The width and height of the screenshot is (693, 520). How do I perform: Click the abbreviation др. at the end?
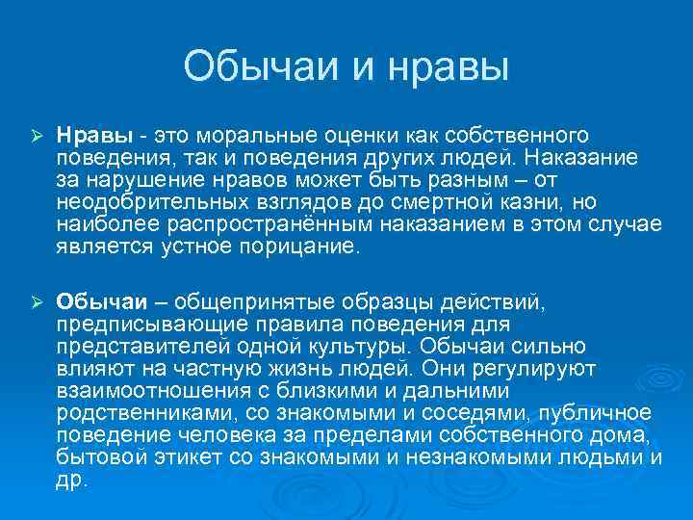(x=70, y=479)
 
